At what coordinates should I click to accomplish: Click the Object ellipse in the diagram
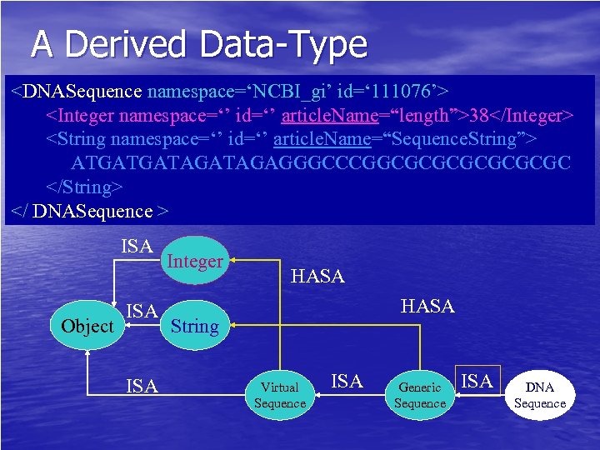[x=87, y=326]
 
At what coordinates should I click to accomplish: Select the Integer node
[x=195, y=261]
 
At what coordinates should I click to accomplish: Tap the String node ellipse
[x=194, y=326]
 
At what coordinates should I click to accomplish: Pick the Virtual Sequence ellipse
[x=280, y=395]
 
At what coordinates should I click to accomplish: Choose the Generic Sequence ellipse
[x=420, y=395]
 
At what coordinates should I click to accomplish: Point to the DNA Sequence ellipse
[x=540, y=395]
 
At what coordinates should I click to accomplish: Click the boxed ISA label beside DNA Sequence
[x=477, y=381]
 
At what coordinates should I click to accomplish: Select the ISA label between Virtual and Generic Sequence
[x=347, y=382]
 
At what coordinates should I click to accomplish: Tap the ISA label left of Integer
[x=137, y=246]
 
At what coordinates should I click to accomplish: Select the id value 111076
[x=404, y=88]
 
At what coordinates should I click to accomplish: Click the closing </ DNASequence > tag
[x=90, y=212]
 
